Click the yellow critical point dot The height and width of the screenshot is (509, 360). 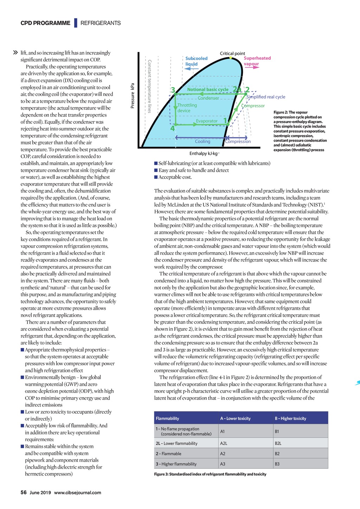pos(231,58)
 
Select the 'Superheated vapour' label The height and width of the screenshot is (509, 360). pos(257,61)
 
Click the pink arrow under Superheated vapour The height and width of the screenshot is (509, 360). pos(251,67)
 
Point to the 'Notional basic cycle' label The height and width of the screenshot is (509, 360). pos(207,89)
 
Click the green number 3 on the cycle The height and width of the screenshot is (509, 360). pos(173,90)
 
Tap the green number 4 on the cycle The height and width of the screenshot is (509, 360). pos(172,129)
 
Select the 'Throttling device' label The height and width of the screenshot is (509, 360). pos(187,108)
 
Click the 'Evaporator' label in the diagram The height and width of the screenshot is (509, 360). pos(207,121)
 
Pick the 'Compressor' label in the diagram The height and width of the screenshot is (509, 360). pos(253,106)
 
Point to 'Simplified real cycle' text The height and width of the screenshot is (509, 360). pos(266,97)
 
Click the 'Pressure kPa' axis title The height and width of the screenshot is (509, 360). pos(133,96)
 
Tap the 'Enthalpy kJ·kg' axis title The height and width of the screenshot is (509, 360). pos(204,154)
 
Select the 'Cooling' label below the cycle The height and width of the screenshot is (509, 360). pos(202,141)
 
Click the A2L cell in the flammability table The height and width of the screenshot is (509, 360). pos(224,443)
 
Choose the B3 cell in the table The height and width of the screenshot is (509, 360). pos(277,464)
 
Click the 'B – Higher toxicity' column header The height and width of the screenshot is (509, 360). pos(290,418)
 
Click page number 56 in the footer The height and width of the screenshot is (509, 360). pos(24,492)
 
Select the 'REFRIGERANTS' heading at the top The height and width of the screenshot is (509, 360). pos(101,23)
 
